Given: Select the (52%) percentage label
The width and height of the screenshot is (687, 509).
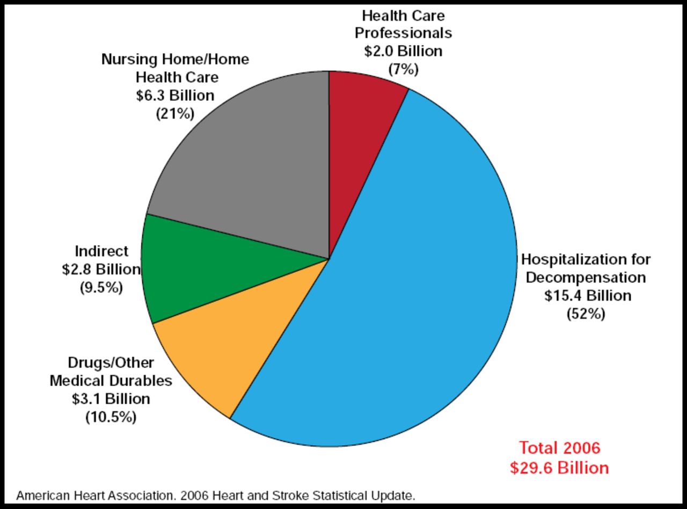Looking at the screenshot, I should point(586,314).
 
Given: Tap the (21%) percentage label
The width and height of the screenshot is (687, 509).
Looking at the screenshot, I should point(175,114).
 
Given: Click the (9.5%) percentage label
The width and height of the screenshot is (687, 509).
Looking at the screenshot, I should point(101,288).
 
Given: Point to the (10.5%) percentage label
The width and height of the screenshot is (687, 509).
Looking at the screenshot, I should point(111,417).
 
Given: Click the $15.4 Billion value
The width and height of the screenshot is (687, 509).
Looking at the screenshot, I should point(588,296).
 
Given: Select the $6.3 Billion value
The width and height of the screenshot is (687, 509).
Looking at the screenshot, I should point(175,96).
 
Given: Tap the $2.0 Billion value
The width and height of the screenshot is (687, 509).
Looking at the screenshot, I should point(403,51).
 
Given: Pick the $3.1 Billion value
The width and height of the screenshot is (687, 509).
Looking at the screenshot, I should point(111,399).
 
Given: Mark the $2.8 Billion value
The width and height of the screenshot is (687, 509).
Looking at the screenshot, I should point(101,270).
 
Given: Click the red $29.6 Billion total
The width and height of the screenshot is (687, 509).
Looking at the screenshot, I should point(559,468).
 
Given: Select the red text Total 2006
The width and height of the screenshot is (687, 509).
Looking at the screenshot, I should point(559,448).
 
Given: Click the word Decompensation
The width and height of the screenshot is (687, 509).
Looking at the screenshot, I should point(586,278).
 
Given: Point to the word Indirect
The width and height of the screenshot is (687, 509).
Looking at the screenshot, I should point(102,251).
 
